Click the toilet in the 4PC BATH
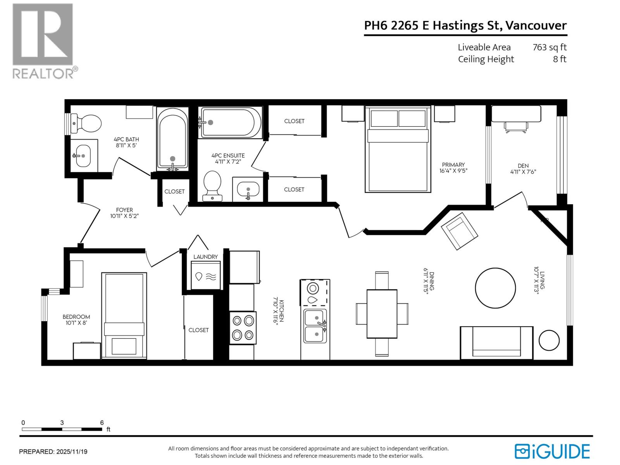tap(88, 123)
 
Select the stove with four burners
tap(243, 327)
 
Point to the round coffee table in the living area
tap(495, 288)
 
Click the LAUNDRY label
tap(205, 257)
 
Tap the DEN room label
tap(523, 165)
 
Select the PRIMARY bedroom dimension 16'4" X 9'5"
tap(453, 170)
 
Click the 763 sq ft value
tap(549, 47)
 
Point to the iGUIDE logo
tap(552, 451)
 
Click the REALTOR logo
tap(43, 41)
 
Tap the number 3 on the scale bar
tap(62, 423)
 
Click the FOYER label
tap(124, 210)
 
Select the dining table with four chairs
tap(382, 313)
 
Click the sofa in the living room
tap(496, 343)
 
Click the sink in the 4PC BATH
tap(82, 155)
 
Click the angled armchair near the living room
tap(459, 231)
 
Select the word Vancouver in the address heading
tap(536, 26)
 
